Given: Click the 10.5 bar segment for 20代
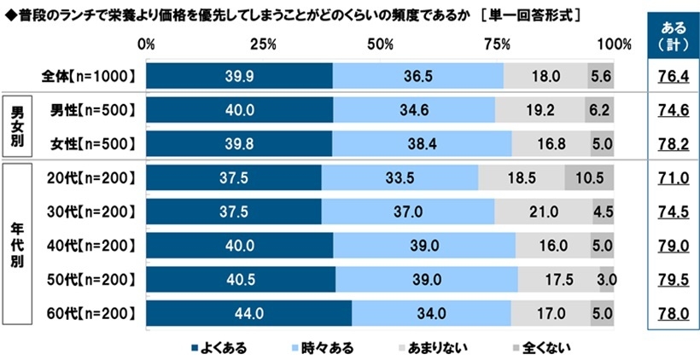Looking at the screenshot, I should pyautogui.click(x=589, y=177).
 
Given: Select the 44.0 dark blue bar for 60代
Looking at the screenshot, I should pyautogui.click(x=248, y=313).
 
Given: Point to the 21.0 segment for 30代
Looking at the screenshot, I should pyautogui.click(x=543, y=211).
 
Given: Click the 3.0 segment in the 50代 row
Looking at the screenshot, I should pyautogui.click(x=607, y=279).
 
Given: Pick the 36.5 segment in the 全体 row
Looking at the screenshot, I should pyautogui.click(x=418, y=76).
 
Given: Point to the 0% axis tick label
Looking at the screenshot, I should pyautogui.click(x=146, y=44).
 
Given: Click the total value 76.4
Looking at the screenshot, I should pyautogui.click(x=669, y=77).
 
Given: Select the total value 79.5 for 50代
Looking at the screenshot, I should pyautogui.click(x=669, y=279).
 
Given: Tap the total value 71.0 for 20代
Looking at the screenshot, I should pyautogui.click(x=669, y=177).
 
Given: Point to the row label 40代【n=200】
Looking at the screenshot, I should pyautogui.click(x=89, y=245).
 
